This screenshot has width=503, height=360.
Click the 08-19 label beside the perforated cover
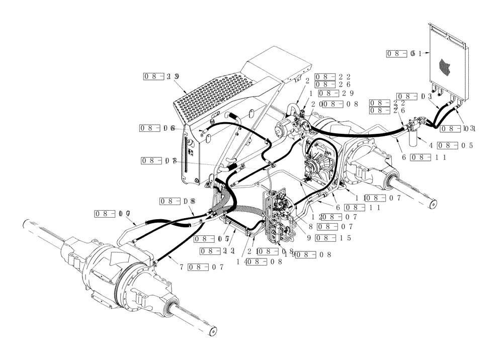click(x=161, y=77)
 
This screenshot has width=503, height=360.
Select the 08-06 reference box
click(x=157, y=128)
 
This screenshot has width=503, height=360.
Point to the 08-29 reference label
click(x=336, y=94)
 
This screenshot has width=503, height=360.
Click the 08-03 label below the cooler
click(x=413, y=96)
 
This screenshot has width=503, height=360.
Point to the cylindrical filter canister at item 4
click(x=414, y=136)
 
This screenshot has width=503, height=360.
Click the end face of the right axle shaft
click(x=433, y=204)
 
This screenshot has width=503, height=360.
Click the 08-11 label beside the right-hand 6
click(x=427, y=157)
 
